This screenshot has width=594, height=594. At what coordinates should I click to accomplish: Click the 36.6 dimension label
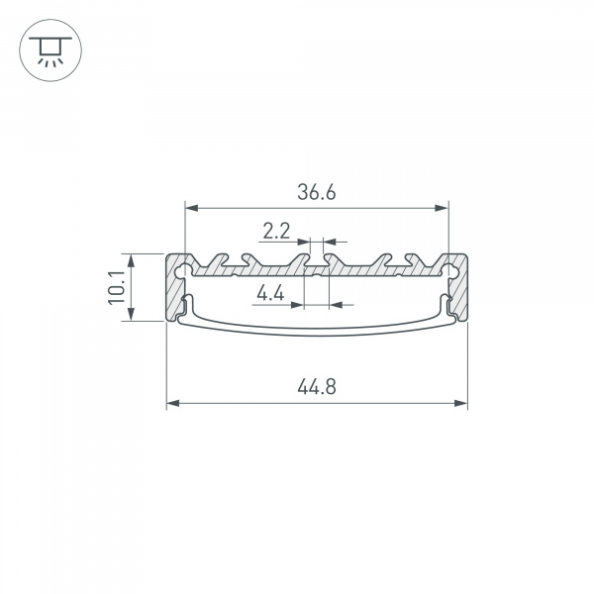coord(317,192)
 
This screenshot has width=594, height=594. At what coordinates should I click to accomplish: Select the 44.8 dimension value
coord(317,387)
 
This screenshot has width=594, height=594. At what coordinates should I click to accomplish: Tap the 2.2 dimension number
coord(276,231)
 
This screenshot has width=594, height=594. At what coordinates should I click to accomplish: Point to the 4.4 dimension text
coord(270,293)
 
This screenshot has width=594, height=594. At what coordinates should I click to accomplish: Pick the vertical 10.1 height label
coord(116,287)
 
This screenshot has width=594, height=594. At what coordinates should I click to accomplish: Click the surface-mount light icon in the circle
coord(50,50)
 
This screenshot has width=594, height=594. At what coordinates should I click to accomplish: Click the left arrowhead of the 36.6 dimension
coord(192,208)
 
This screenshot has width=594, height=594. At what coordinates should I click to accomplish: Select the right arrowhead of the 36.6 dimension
coord(442,208)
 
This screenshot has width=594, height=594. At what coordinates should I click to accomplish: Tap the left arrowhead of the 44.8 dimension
coord(173,403)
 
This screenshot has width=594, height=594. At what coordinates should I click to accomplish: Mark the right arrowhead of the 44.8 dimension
coord(460,403)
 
